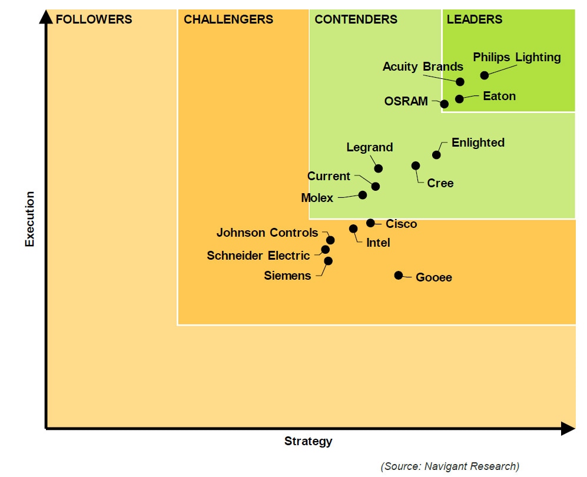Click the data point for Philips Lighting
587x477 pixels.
pyautogui.click(x=484, y=75)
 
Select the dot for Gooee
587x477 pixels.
pyautogui.click(x=399, y=275)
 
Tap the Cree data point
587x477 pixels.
pyautogui.click(x=416, y=165)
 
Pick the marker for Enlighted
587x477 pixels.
pyautogui.click(x=436, y=155)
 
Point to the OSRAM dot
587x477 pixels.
pyautogui.click(x=445, y=104)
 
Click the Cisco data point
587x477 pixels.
pyautogui.click(x=370, y=223)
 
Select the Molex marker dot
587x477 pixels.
pyautogui.click(x=363, y=195)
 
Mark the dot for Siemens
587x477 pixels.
pyautogui.click(x=328, y=261)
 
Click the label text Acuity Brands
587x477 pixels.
pyautogui.click(x=423, y=67)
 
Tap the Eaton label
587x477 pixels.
pyautogui.click(x=499, y=96)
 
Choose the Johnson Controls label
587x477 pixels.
pyautogui.click(x=267, y=233)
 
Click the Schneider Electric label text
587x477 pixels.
pyautogui.click(x=258, y=256)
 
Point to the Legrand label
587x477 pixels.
pyautogui.click(x=369, y=147)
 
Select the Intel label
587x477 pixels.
pyautogui.click(x=378, y=243)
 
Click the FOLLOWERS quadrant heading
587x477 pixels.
pyautogui.click(x=94, y=19)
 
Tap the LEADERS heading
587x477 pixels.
pyautogui.click(x=474, y=19)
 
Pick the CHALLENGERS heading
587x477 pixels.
pyautogui.click(x=228, y=19)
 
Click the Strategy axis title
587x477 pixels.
pyautogui.click(x=308, y=441)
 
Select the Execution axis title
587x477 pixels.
pyautogui.click(x=30, y=218)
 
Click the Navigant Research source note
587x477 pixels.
pyautogui.click(x=450, y=466)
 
